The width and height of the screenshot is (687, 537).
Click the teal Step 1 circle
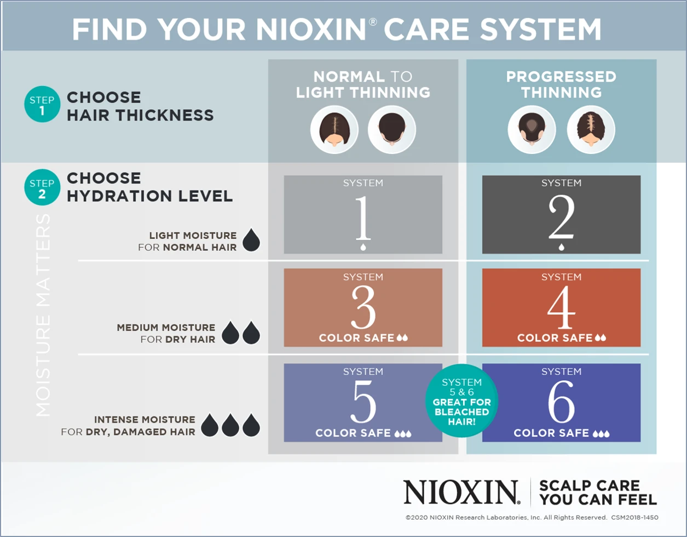[42, 106]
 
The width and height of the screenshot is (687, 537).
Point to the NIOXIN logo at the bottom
[461, 492]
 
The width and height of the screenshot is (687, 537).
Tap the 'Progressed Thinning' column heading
[561, 84]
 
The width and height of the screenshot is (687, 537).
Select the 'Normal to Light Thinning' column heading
[363, 84]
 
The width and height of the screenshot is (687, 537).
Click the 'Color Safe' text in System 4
[555, 338]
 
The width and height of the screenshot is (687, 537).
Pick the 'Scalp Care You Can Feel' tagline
[597, 492]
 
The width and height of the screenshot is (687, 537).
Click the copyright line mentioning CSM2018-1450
[532, 517]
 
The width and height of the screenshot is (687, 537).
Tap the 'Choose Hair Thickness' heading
[140, 106]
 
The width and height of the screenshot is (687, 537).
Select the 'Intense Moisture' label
[145, 420]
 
